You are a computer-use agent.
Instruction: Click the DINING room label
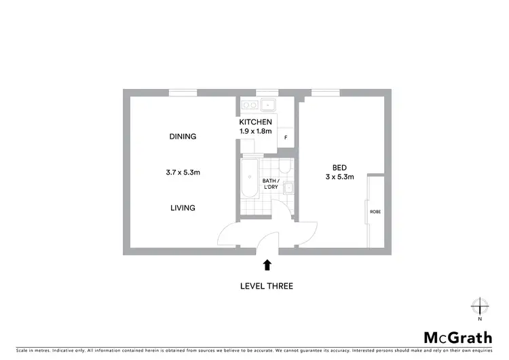point(183,137)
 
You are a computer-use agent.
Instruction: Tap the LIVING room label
point(183,208)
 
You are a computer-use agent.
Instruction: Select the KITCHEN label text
point(255,122)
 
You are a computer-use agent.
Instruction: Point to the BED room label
point(339,168)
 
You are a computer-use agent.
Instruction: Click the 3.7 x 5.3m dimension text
point(183,173)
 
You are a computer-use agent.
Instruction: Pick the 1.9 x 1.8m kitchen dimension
point(255,131)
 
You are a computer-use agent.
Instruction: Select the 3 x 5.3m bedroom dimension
point(339,177)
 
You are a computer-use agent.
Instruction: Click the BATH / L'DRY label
point(271,183)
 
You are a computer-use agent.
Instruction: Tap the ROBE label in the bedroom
point(375,212)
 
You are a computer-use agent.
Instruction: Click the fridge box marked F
point(286,138)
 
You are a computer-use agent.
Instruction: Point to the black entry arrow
point(267,265)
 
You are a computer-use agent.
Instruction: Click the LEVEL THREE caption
point(267,286)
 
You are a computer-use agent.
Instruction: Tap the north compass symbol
point(480,306)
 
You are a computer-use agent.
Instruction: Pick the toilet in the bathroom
point(286,166)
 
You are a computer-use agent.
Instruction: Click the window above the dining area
point(183,92)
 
